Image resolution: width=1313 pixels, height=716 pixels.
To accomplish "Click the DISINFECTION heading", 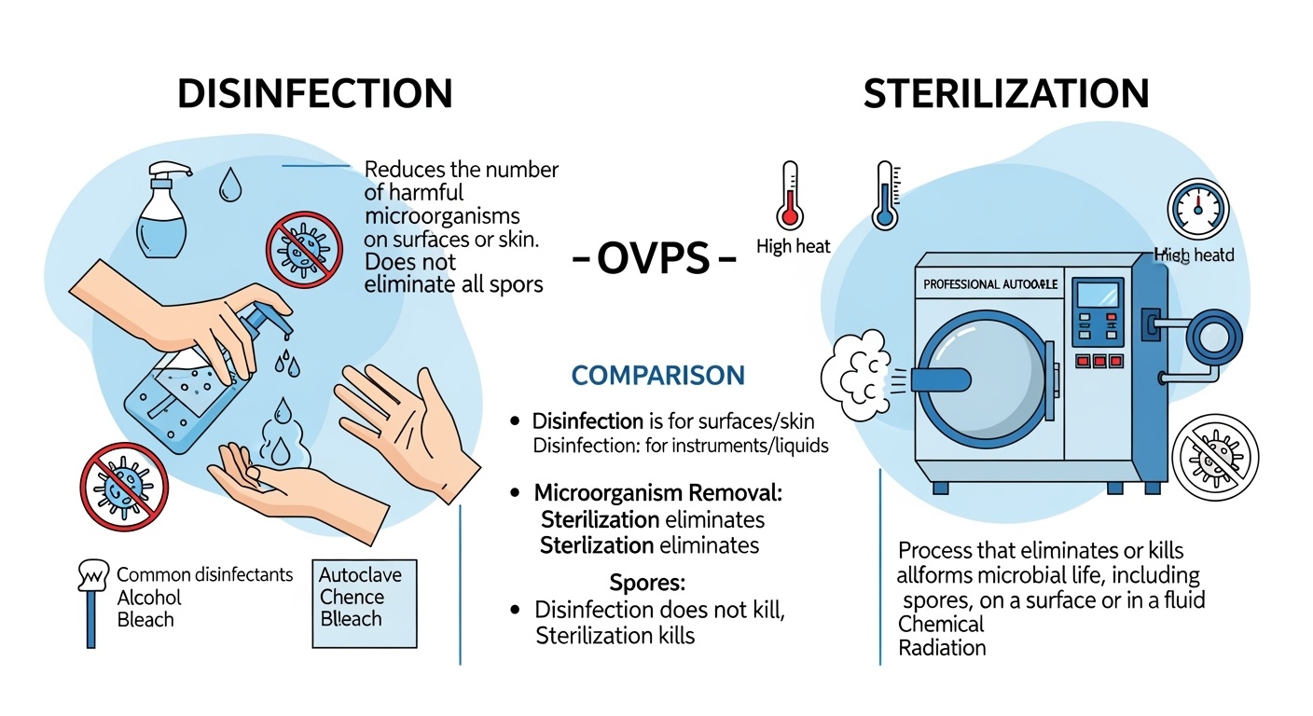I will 314,94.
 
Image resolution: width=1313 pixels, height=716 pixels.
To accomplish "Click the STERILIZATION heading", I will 1005,94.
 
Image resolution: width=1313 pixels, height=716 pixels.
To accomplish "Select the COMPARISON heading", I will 657,376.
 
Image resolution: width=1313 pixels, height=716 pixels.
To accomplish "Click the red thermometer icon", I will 790,195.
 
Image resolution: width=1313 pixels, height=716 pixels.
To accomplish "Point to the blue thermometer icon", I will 885,195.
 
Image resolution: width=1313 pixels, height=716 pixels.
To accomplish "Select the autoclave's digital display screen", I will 1095,301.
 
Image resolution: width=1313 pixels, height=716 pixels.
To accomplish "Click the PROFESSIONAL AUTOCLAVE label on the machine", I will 989,284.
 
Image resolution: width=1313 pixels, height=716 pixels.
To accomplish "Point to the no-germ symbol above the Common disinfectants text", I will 124,488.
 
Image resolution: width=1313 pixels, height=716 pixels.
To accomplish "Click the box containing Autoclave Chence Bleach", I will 364,603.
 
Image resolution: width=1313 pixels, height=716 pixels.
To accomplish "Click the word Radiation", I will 942,647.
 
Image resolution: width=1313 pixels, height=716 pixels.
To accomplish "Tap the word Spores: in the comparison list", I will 647,584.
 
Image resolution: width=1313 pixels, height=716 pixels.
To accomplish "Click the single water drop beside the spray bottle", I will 229,187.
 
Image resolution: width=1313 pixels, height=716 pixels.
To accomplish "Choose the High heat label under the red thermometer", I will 794,247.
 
